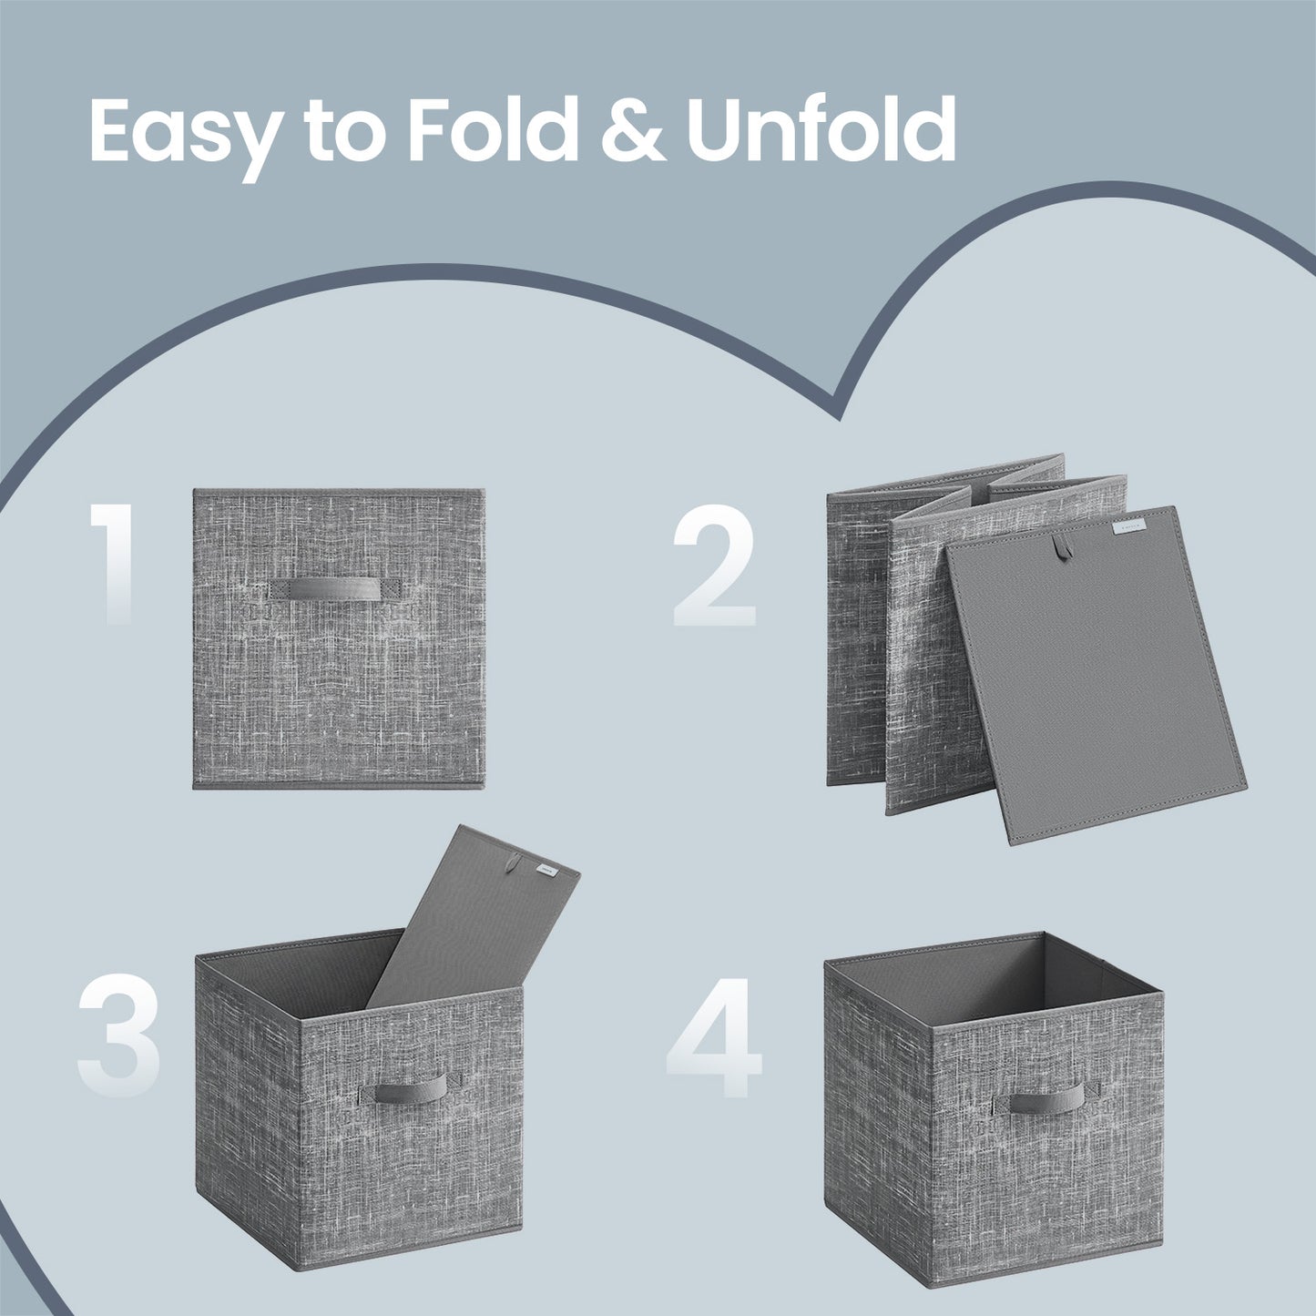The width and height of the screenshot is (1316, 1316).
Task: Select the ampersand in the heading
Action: point(633,129)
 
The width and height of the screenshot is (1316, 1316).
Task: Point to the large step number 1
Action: point(114,564)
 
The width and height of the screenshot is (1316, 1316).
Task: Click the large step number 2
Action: point(714,566)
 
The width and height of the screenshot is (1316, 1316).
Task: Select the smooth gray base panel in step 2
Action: point(1097,676)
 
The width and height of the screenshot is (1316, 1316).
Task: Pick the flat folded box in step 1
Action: point(339,638)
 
